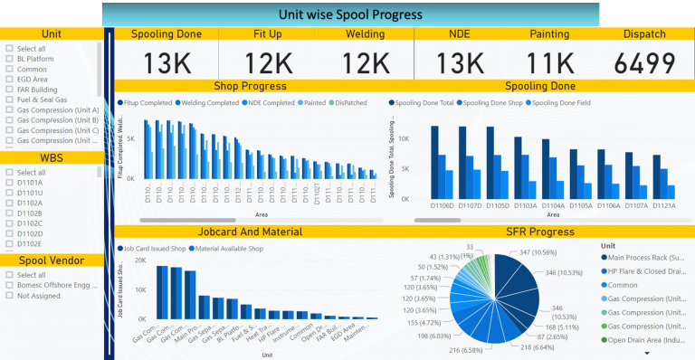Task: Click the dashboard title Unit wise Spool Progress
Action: tap(348, 14)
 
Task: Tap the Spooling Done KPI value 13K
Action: tap(166, 62)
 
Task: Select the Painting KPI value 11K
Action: tap(551, 62)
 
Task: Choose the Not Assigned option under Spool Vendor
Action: tap(9, 296)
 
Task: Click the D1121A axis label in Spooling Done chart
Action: tap(662, 205)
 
